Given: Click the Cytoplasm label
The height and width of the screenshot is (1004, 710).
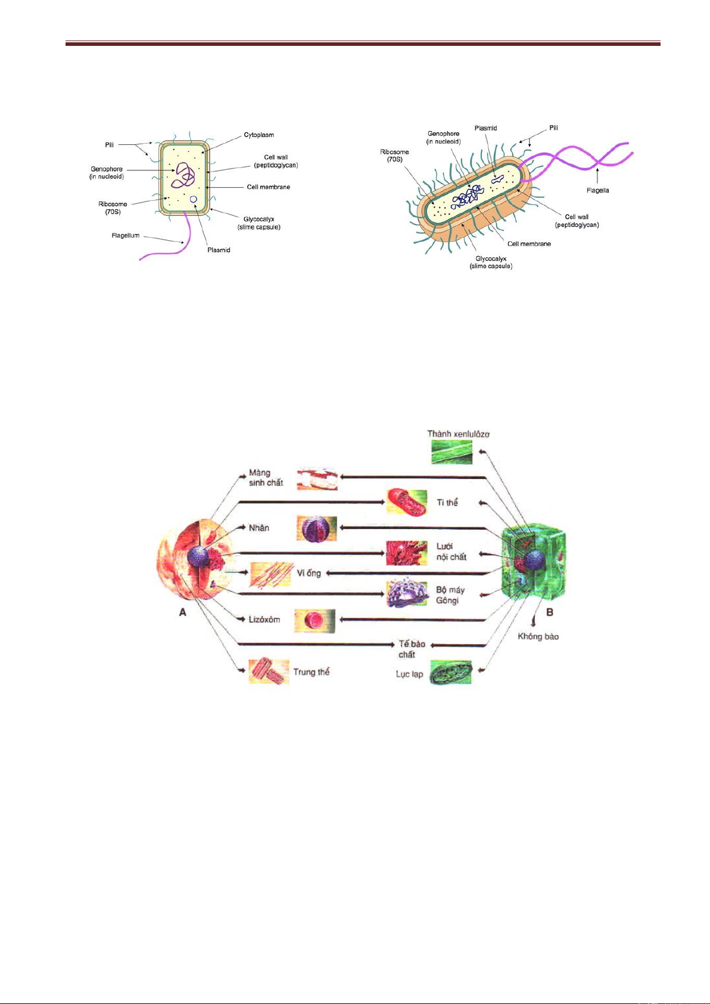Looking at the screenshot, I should click(x=259, y=135).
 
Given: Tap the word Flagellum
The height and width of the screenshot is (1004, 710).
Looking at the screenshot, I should click(x=125, y=236).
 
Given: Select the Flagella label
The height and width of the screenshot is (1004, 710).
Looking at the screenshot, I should click(x=597, y=191).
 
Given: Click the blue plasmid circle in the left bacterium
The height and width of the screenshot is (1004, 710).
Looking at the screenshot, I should click(x=194, y=207).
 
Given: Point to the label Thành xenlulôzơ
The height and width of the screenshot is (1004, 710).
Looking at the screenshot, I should click(x=458, y=434).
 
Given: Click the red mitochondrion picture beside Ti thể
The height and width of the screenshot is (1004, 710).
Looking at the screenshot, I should click(x=407, y=502).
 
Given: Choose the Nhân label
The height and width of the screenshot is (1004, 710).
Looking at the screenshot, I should click(x=259, y=528).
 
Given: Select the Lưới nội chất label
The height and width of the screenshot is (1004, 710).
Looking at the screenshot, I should click(x=451, y=552).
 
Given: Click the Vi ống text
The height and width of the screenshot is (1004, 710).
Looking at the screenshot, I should click(x=309, y=573).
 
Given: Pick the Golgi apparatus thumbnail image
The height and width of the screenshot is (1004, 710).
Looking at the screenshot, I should click(x=407, y=593).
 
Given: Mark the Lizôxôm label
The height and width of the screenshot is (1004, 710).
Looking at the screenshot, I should click(x=264, y=620).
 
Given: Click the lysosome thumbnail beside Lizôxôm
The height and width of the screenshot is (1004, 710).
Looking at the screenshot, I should click(x=315, y=620).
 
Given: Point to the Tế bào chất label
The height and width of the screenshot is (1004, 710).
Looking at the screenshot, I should click(x=411, y=649).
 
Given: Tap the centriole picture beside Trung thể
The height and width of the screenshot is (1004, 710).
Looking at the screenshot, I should click(x=269, y=672).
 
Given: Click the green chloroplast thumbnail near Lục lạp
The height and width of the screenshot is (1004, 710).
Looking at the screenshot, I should click(x=451, y=672).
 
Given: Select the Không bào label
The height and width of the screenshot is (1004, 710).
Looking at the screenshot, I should click(x=538, y=636).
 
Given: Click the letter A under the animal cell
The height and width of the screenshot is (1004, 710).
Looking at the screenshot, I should click(x=183, y=612).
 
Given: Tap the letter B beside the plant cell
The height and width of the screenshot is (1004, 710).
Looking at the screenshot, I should click(x=550, y=612).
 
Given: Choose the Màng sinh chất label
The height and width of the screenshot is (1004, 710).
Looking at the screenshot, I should click(x=266, y=478).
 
